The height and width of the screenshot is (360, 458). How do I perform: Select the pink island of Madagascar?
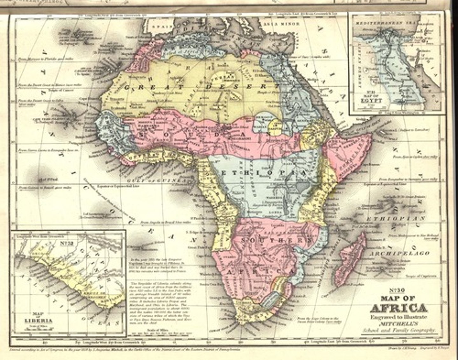pyautogui.click(x=349, y=261)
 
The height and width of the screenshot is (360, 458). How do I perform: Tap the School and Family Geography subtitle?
pyautogui.click(x=399, y=330)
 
